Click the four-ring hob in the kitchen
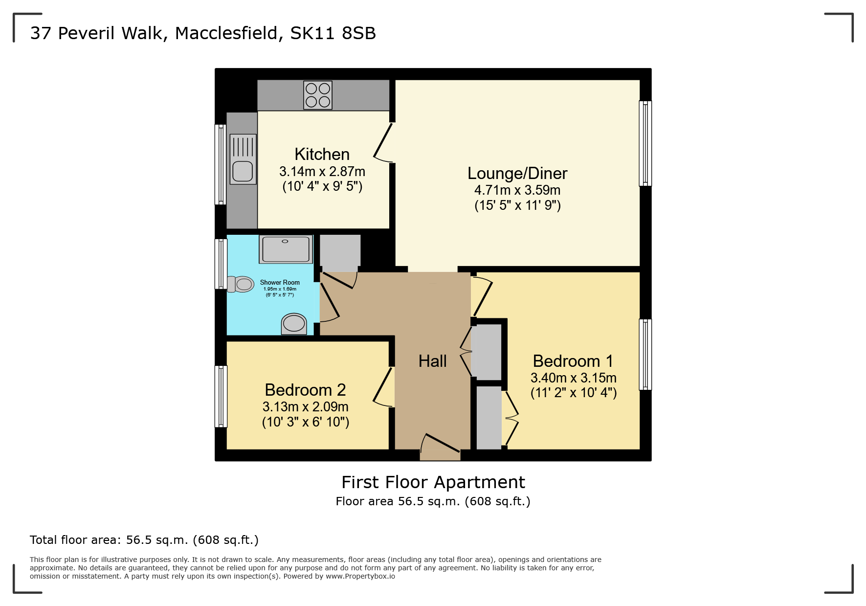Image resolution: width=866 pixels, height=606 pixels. [x=318, y=95]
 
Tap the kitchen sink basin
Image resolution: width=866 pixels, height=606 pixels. [x=243, y=171]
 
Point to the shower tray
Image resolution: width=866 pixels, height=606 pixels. [x=286, y=249]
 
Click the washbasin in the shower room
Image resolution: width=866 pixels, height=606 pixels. [x=294, y=323]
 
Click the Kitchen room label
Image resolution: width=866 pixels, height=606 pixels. [x=322, y=155]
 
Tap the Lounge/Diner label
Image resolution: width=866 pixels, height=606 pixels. [x=517, y=174]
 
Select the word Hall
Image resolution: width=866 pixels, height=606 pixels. [x=432, y=361]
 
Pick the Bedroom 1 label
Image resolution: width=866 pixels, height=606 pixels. [x=573, y=361]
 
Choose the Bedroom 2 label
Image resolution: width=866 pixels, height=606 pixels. [x=305, y=390]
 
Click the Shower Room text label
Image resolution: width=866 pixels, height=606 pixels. [x=280, y=283]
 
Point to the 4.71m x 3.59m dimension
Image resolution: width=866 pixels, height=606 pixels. [x=517, y=190]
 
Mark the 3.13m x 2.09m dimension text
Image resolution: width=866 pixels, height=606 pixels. [x=305, y=407]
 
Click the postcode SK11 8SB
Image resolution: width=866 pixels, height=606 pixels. [x=333, y=33]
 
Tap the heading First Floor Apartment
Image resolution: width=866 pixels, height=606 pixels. [x=433, y=482]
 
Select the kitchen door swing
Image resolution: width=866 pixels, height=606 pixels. [x=383, y=142]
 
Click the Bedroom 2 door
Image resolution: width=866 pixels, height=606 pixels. [x=384, y=386]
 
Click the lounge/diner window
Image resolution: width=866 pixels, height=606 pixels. [x=645, y=143]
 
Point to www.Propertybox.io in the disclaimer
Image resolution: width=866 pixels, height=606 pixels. [x=360, y=576]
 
